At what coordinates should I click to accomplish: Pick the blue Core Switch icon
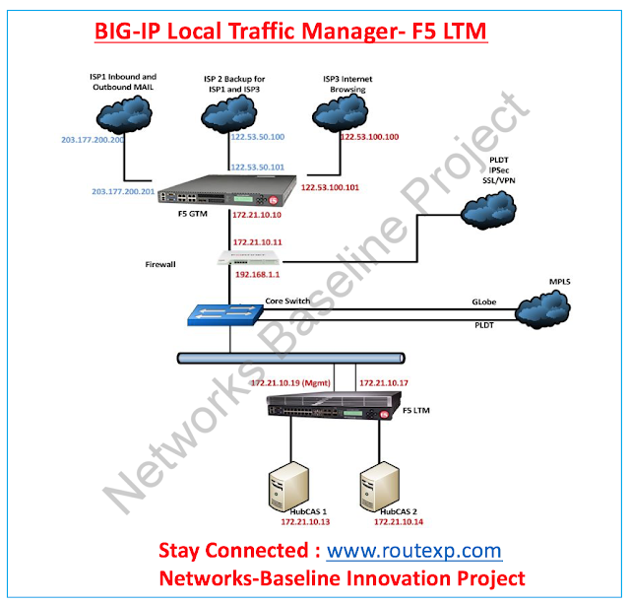pos(225,314)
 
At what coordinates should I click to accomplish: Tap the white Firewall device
pos(257,258)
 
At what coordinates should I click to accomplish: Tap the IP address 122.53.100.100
pos(368,137)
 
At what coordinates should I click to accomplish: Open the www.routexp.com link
pos(413,551)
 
